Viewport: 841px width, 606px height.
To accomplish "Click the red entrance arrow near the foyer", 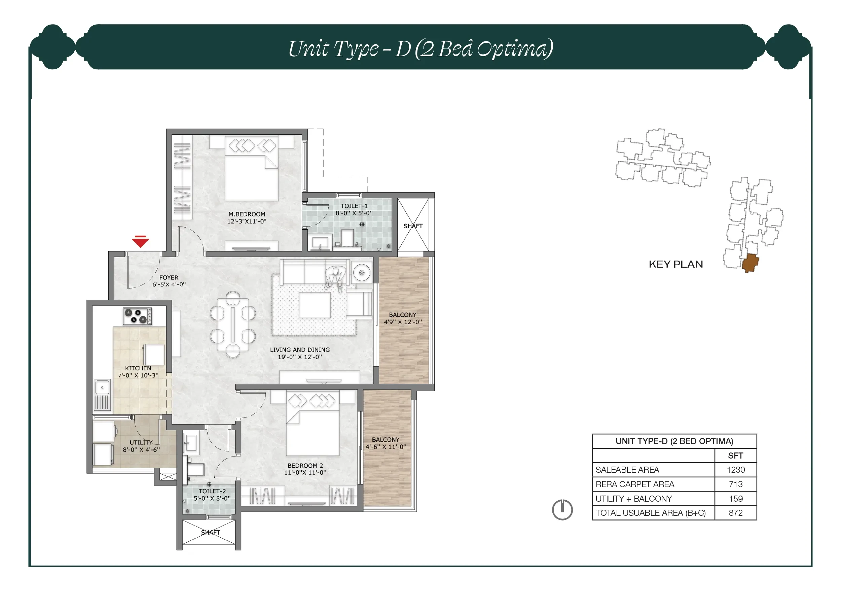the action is coord(140,242).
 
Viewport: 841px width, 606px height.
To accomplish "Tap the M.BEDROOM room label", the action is coord(247,214).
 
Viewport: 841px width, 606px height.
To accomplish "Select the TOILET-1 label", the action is coord(354,206).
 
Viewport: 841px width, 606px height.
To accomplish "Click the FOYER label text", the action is coord(169,277).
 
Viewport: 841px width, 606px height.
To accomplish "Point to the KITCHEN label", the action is coord(138,368).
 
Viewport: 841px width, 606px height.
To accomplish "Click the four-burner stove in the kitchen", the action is coord(138,316).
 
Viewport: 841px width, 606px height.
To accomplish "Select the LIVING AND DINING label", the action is coord(300,349).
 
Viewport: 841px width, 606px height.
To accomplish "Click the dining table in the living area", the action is coord(233,324).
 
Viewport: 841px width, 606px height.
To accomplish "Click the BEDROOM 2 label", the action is coord(305,465).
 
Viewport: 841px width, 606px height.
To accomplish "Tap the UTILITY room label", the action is coord(141,442).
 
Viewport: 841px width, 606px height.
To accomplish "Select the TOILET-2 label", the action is coord(212,491).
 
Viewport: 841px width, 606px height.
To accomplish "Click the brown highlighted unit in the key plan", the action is coord(750,263).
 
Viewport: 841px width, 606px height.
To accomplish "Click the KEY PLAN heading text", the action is coord(675,264).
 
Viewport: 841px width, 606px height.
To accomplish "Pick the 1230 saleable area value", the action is coord(736,470).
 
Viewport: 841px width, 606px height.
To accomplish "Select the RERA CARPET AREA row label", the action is coord(635,484).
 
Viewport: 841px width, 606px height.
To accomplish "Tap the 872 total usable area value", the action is coord(736,513).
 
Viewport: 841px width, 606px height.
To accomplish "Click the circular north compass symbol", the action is coord(562,509).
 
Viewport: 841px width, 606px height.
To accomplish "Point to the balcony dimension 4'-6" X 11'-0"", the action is coord(386,447).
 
